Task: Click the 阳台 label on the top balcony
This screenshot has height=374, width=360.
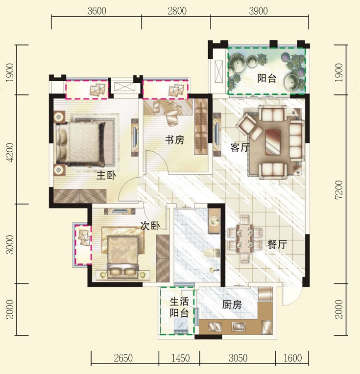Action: click(x=266, y=78)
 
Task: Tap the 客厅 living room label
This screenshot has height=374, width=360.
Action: click(x=240, y=147)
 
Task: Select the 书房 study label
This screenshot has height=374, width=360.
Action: click(x=175, y=140)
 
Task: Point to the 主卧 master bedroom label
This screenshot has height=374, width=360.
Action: click(x=106, y=176)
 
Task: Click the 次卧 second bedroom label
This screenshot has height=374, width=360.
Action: click(x=150, y=225)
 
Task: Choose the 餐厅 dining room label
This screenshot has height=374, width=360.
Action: click(x=277, y=244)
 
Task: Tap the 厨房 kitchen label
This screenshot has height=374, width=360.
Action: click(x=232, y=304)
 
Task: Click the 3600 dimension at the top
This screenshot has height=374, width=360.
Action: click(x=96, y=11)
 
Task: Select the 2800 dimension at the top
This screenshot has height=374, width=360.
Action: click(x=177, y=11)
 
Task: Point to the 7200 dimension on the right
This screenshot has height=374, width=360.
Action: click(x=339, y=190)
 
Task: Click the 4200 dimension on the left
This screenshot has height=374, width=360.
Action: click(x=10, y=152)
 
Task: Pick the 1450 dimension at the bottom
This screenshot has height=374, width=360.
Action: click(x=180, y=358)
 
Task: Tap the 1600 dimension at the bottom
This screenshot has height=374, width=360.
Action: click(x=293, y=358)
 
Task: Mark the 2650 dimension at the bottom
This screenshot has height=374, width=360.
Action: click(x=123, y=358)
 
